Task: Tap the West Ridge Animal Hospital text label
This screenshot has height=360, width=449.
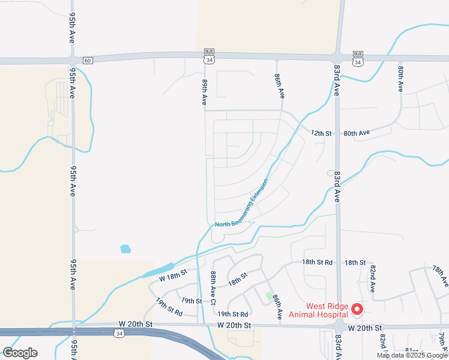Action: tap(319, 310)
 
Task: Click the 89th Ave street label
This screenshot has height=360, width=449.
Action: tap(205, 89)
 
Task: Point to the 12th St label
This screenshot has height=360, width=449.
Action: tap(321, 133)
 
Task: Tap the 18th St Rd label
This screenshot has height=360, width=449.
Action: tap(317, 262)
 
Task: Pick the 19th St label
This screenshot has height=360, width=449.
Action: tap(191, 301)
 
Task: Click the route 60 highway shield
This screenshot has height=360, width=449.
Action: tap(88, 60)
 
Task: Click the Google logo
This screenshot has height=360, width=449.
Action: tap(20, 352)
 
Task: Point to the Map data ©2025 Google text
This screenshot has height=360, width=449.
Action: tap(412, 355)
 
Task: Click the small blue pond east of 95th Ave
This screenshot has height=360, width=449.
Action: tap(125, 248)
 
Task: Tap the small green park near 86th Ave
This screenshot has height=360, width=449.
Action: tap(269, 296)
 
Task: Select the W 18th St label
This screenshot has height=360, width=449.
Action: tap(173, 275)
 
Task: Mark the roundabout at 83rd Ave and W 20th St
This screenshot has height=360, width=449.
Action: tap(339, 327)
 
